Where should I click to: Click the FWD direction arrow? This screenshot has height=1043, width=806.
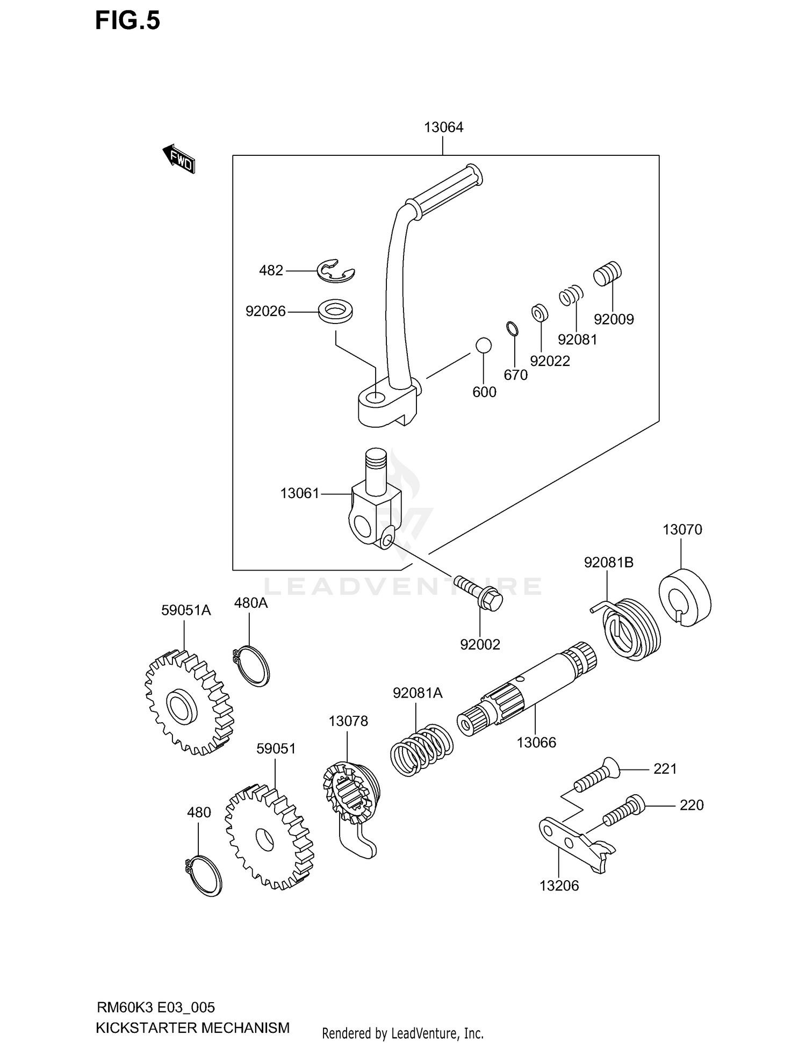(178, 159)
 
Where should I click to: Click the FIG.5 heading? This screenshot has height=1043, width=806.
(127, 20)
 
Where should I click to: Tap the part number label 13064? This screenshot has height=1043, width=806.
(443, 127)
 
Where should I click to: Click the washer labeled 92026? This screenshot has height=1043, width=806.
(335, 311)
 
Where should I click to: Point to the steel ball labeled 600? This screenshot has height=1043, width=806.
(483, 346)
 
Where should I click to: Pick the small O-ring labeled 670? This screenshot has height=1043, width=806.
(513, 328)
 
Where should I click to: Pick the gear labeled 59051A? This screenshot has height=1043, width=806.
(189, 703)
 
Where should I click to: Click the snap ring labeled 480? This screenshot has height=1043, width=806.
(203, 876)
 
